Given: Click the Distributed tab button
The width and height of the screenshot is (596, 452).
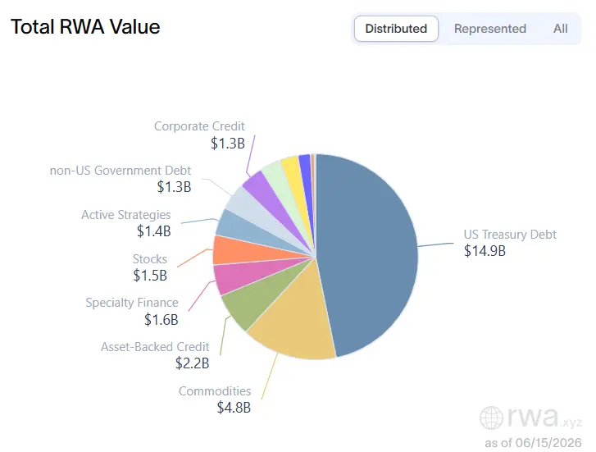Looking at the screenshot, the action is (x=396, y=29).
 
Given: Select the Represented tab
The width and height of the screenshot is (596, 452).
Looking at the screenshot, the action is (x=490, y=29).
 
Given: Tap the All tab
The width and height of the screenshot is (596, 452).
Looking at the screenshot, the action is (x=560, y=29).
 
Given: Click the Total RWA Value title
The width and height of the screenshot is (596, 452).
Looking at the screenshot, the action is (x=85, y=26).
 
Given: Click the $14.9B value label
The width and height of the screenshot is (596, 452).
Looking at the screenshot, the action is (x=485, y=251).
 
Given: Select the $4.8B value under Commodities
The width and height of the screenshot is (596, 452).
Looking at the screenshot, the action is (x=234, y=408).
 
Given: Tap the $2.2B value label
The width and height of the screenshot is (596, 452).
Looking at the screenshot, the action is (x=193, y=363).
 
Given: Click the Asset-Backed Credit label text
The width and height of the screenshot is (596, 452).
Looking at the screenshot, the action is (x=155, y=347).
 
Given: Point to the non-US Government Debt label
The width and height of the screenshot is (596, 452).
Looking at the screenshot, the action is (x=121, y=171).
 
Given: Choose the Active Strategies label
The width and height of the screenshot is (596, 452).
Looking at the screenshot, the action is (x=126, y=215).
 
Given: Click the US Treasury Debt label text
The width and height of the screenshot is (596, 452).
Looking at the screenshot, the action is (x=510, y=235).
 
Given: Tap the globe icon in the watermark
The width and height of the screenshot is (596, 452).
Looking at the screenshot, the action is (x=491, y=418).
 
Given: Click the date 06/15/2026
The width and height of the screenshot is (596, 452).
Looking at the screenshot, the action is (x=548, y=443).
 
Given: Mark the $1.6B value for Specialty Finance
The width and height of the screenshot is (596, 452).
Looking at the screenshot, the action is (x=162, y=320).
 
